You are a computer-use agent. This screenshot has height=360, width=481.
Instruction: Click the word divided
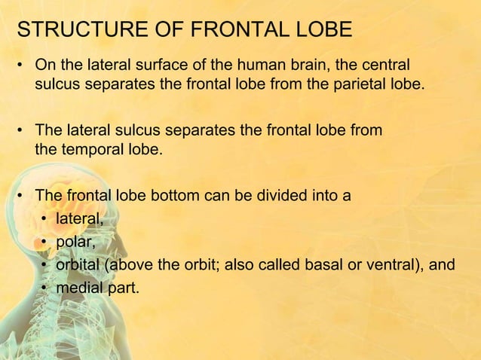pyautogui.click(x=287, y=197)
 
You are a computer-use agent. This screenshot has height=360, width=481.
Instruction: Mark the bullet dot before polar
pyautogui.click(x=45, y=242)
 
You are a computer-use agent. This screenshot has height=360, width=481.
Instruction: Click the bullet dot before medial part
pyautogui.click(x=45, y=286)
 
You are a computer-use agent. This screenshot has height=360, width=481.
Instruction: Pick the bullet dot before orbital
pyautogui.click(x=45, y=264)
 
